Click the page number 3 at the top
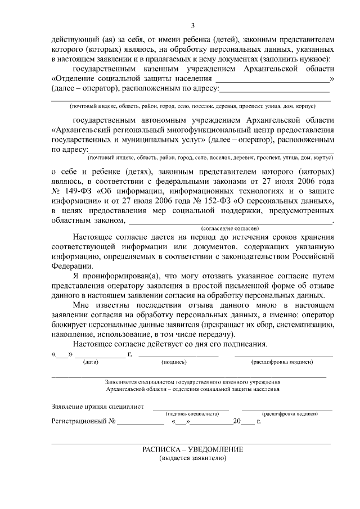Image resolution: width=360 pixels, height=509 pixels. tap(193, 25)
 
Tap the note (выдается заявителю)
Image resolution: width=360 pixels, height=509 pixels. tap(193, 458)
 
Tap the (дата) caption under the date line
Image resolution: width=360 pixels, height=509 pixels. tap(91, 363)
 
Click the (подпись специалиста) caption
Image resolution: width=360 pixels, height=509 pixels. tap(192, 413)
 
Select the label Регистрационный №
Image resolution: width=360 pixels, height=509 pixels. tap(83, 421)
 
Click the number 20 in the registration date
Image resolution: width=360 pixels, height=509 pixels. tap(237, 421)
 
